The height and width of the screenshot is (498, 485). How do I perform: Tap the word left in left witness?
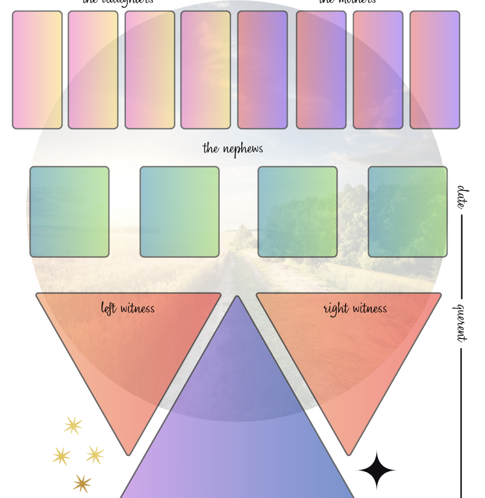point(109,308)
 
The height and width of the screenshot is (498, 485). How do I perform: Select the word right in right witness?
point(334,308)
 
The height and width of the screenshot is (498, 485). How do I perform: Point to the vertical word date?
point(462,196)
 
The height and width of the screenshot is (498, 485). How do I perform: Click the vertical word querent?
point(462,322)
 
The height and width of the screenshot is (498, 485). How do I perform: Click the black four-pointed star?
point(376,470)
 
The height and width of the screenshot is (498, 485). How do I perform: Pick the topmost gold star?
point(73,426)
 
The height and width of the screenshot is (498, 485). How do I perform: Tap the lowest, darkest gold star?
point(82,483)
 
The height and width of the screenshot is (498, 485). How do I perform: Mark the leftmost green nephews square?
point(69,212)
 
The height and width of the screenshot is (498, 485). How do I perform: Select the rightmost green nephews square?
point(408,212)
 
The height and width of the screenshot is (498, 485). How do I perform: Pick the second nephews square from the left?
point(180,212)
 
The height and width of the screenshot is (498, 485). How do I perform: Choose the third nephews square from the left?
point(298,212)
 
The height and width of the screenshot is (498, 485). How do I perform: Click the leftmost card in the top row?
point(37,70)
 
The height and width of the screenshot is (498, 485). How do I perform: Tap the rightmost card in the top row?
point(435,70)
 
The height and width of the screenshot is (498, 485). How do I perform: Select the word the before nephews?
point(210,148)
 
